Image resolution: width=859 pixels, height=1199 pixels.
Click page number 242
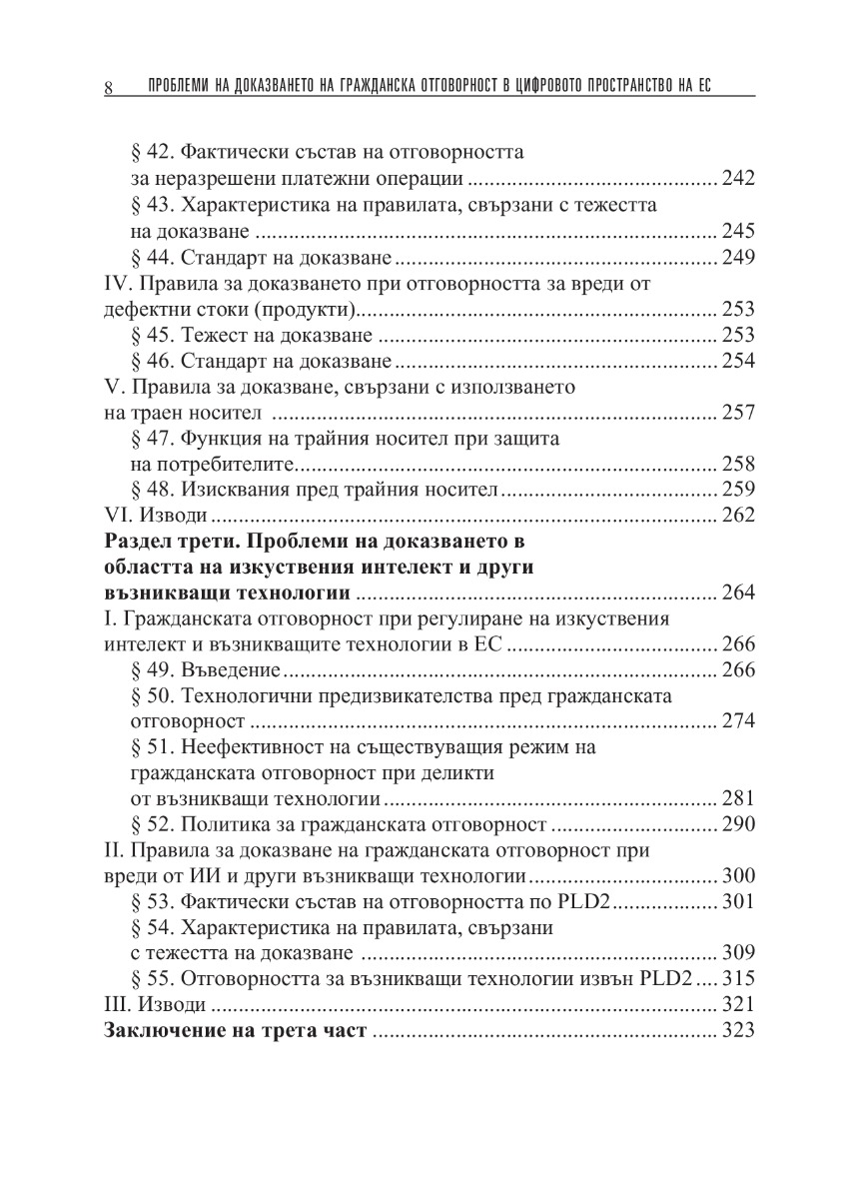pyautogui.click(x=736, y=180)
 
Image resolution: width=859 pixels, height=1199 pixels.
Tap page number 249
pyautogui.click(x=736, y=258)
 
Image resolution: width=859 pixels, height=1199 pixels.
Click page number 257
pyautogui.click(x=736, y=413)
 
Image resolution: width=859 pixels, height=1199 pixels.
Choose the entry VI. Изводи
pyautogui.click(x=156, y=516)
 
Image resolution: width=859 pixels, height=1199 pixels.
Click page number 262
pyautogui.click(x=736, y=516)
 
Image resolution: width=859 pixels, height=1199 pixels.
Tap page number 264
pyautogui.click(x=736, y=594)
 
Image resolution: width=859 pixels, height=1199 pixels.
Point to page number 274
pyautogui.click(x=736, y=721)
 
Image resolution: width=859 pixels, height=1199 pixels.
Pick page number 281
pyautogui.click(x=736, y=799)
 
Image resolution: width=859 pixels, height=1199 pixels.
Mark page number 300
pyautogui.click(x=736, y=877)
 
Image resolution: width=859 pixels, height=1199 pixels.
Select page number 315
pyautogui.click(x=736, y=980)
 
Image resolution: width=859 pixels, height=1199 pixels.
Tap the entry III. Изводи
pyautogui.click(x=157, y=1006)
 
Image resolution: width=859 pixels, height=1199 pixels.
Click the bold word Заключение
pyautogui.click(x=166, y=1032)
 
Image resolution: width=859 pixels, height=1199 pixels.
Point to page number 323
pyautogui.click(x=736, y=1032)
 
